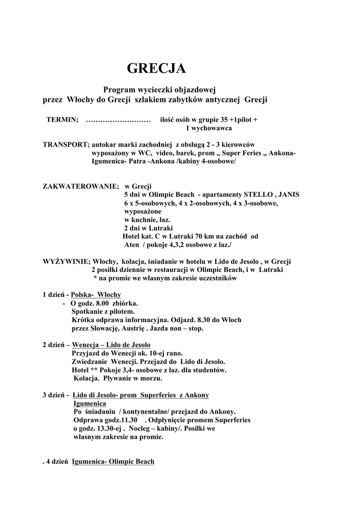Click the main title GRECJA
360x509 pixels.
(156, 69)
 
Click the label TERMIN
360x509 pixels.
(62, 120)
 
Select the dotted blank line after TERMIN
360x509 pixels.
(118, 120)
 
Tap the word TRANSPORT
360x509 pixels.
(66, 145)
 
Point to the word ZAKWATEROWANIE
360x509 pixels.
(81, 186)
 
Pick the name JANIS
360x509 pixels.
(289, 194)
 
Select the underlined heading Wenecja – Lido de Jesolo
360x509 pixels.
(111, 344)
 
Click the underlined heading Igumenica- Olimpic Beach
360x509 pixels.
(113, 462)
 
